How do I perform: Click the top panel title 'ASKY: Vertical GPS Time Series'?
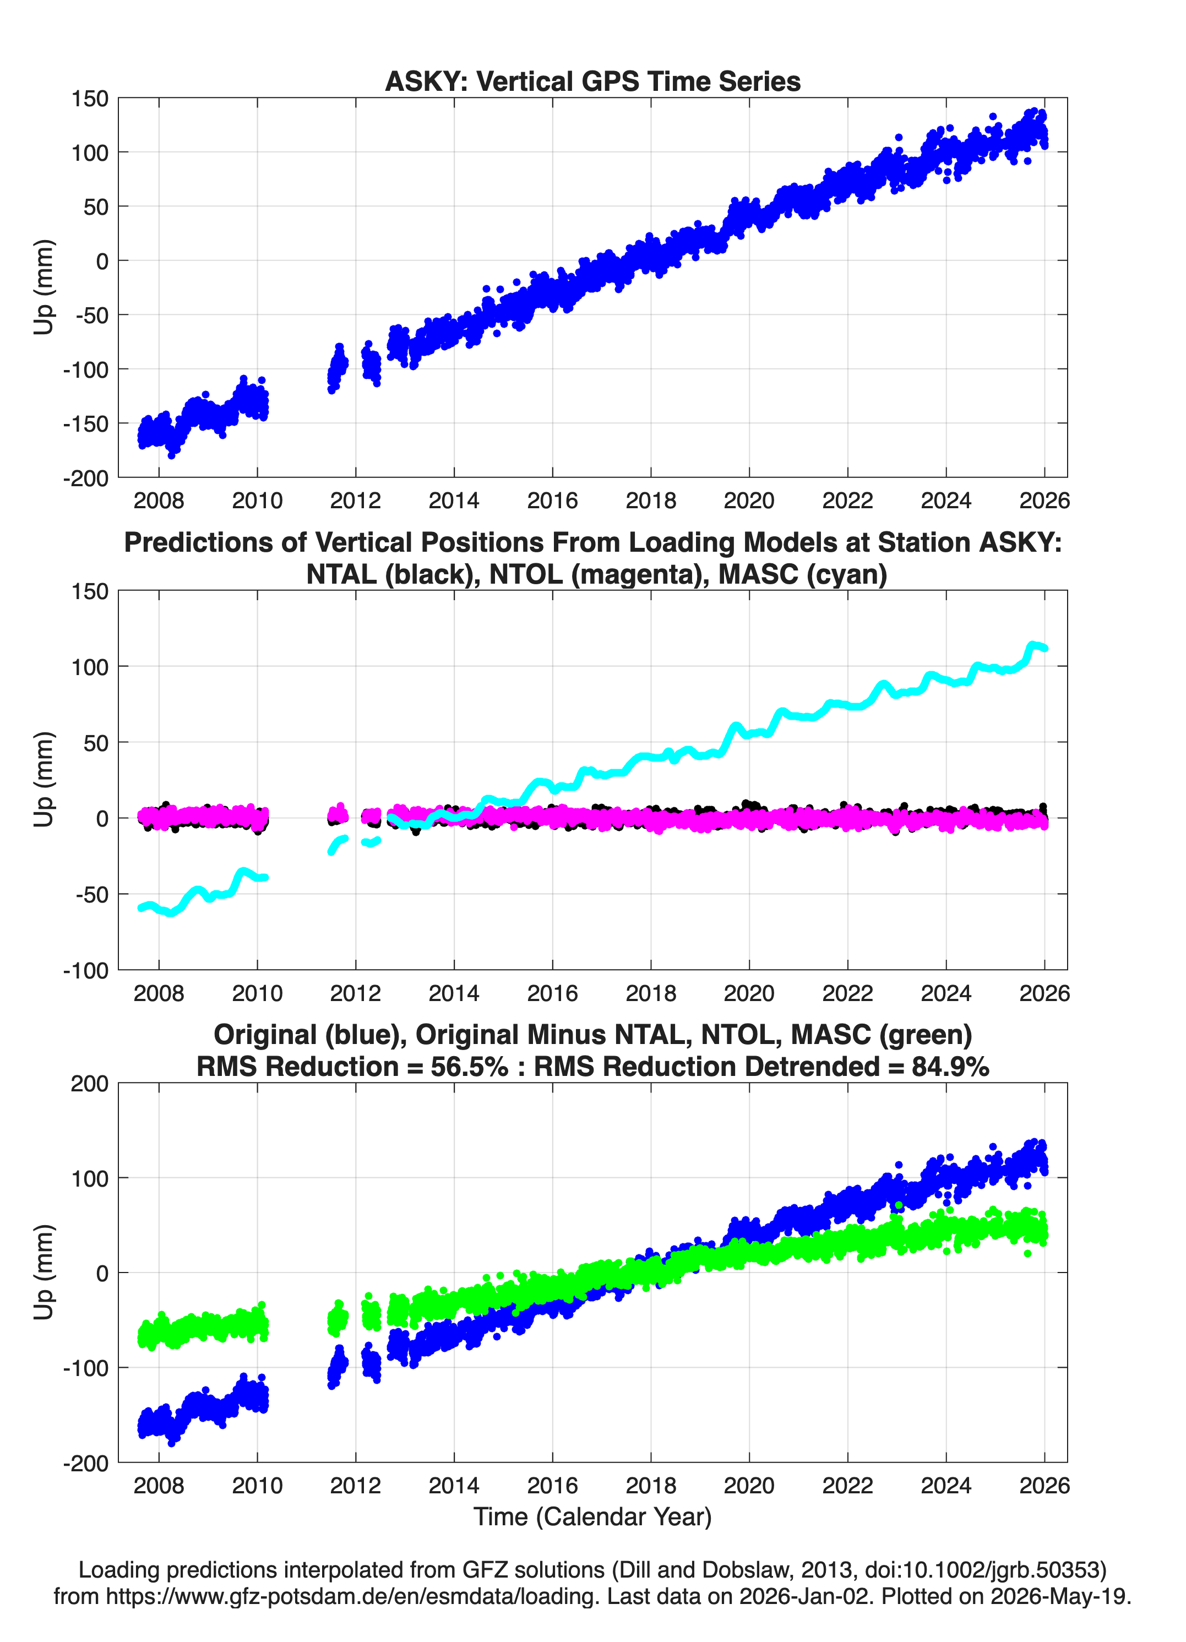tap(592, 81)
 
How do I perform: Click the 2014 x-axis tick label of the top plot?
tap(454, 501)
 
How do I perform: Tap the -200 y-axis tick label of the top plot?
tap(85, 478)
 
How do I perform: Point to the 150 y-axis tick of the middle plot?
tap(90, 591)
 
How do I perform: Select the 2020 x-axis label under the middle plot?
tap(749, 993)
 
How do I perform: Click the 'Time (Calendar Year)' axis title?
tap(592, 1517)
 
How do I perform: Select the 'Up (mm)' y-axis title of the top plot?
tap(43, 287)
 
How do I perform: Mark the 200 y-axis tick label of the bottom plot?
tap(90, 1084)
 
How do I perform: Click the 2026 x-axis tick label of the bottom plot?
tap(1044, 1486)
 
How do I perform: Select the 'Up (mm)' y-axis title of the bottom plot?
tap(43, 1272)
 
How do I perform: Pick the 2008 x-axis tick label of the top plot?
tap(159, 501)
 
